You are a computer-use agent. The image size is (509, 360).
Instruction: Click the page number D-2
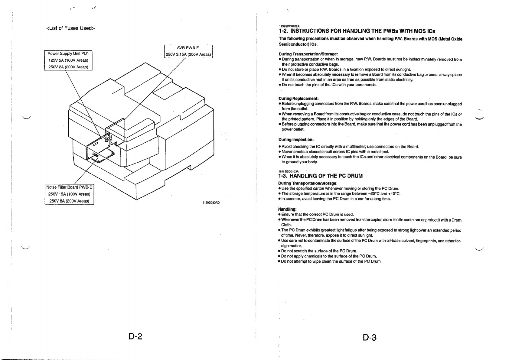click(x=135, y=336)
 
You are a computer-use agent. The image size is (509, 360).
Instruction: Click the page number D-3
click(x=370, y=337)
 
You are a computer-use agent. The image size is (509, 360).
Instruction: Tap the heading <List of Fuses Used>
click(x=70, y=28)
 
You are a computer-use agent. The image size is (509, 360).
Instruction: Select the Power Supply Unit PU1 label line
click(x=68, y=54)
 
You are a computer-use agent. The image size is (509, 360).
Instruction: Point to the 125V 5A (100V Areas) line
click(x=68, y=60)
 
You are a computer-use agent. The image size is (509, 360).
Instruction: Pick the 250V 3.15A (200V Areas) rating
click(x=188, y=54)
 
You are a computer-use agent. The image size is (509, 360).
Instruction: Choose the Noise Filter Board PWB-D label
click(x=69, y=187)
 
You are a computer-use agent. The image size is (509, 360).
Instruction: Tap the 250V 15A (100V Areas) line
click(x=69, y=194)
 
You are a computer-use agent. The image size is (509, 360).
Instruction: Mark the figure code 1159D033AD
click(x=211, y=203)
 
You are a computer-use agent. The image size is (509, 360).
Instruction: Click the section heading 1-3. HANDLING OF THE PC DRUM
click(x=320, y=176)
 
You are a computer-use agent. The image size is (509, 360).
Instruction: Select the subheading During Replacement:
click(x=298, y=99)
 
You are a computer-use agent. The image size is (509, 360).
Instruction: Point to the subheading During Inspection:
click(x=296, y=140)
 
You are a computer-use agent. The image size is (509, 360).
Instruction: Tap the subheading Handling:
click(x=287, y=209)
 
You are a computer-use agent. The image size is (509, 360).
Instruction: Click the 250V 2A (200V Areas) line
click(x=68, y=67)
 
